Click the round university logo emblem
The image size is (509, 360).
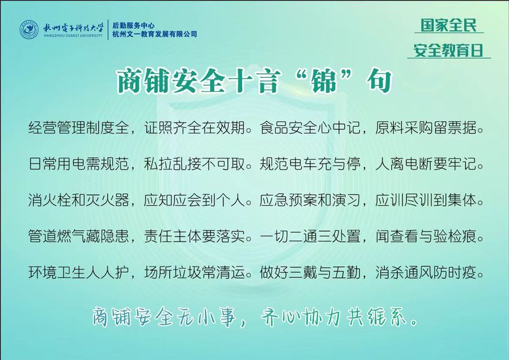pyautogui.click(x=29, y=29)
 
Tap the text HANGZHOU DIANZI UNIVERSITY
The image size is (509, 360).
pyautogui.click(x=73, y=36)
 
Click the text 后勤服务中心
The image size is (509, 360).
pyautogui.click(x=133, y=25)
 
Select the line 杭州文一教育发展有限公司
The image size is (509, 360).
pyautogui.click(x=155, y=34)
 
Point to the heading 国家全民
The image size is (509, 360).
pyautogui.click(x=448, y=25)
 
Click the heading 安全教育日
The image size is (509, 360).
pyautogui.click(x=448, y=50)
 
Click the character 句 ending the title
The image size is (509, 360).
pyautogui.click(x=380, y=80)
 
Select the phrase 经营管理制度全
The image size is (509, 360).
pyautogui.click(x=78, y=127)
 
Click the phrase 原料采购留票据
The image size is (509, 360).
pyautogui.click(x=426, y=127)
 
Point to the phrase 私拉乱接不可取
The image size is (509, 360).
pyautogui.click(x=194, y=164)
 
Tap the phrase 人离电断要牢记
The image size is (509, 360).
pyautogui.click(x=426, y=164)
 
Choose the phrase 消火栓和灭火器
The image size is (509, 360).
pyautogui.click(x=78, y=200)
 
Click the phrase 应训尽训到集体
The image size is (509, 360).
pyautogui.click(x=426, y=200)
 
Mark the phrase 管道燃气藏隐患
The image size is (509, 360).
pyautogui.click(x=78, y=236)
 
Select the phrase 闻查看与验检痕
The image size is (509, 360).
pyautogui.click(x=426, y=236)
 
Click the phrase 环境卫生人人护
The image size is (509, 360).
pyautogui.click(x=78, y=272)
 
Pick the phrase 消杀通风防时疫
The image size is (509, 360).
pyautogui.click(x=426, y=272)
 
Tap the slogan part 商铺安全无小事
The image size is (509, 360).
pyautogui.click(x=164, y=316)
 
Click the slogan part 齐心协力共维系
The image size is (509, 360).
pyautogui.click(x=334, y=316)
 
